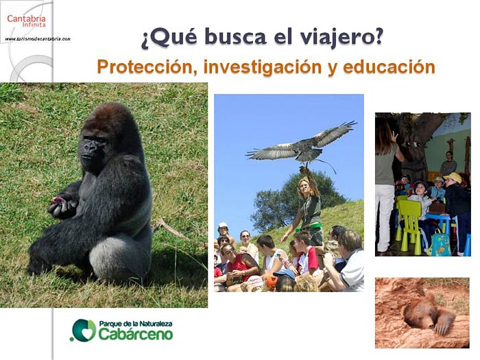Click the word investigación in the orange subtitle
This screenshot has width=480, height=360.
(x=263, y=67)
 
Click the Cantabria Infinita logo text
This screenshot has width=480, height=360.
(x=26, y=21)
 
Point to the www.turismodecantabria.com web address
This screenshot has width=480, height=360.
(x=38, y=39)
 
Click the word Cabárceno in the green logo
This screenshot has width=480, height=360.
(x=136, y=334)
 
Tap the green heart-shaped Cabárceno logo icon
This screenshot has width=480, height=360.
(x=84, y=330)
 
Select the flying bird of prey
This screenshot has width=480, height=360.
(x=302, y=145)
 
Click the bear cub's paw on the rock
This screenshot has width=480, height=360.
(x=443, y=325)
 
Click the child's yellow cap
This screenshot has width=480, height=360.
(x=453, y=178)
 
